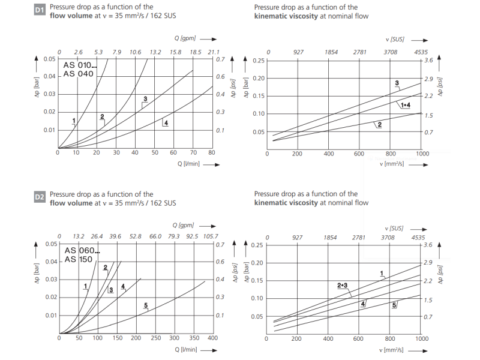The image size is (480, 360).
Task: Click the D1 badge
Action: click(40, 11)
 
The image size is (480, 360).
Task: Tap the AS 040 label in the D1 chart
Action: click(78, 74)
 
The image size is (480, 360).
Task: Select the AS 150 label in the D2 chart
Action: click(79, 259)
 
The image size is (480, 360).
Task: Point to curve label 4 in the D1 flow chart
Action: click(165, 123)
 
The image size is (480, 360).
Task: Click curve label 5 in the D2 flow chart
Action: click(146, 306)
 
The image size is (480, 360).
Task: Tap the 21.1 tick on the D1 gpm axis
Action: click(214, 52)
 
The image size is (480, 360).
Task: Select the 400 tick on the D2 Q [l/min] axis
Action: click(212, 338)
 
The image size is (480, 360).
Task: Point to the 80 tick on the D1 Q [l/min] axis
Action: click(212, 152)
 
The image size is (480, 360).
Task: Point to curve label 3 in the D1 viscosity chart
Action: click(397, 82)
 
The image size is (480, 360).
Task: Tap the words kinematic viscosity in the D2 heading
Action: click(286, 203)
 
